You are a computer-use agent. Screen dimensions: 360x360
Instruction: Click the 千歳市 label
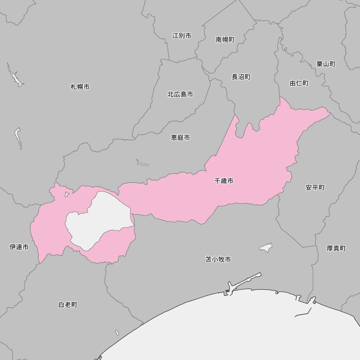224,181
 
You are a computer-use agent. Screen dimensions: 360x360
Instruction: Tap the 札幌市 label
80,87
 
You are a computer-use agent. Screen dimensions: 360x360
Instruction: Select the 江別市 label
182,36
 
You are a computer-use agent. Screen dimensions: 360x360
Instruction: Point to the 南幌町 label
225,40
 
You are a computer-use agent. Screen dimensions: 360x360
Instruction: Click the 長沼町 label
241,77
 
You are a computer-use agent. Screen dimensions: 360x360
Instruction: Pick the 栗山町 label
326,64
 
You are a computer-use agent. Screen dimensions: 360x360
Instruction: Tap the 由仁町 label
299,83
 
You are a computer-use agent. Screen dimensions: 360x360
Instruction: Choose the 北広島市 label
180,94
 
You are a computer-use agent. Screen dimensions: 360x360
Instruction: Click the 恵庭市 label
180,138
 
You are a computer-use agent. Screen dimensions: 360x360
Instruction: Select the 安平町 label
315,188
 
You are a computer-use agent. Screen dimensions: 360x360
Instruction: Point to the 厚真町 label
336,248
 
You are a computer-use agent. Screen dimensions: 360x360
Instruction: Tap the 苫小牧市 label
218,259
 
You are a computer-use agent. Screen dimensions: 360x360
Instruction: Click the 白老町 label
68,305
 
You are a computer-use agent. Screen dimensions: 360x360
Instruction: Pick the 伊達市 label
19,247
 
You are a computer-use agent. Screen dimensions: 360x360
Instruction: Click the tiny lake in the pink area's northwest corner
66,194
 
